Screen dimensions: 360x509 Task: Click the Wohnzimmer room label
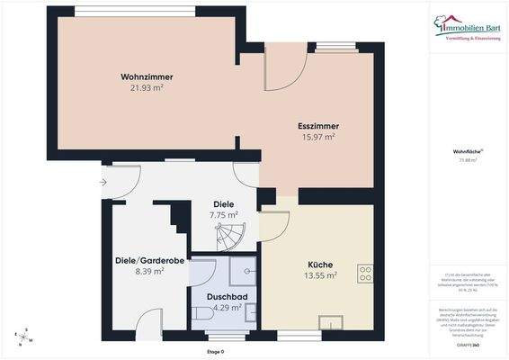click(x=147, y=76)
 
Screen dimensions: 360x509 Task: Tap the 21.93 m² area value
click(x=147, y=87)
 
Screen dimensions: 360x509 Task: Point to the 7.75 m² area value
click(x=223, y=215)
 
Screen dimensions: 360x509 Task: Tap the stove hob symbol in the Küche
click(x=366, y=271)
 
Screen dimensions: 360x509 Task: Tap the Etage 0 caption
click(x=216, y=351)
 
